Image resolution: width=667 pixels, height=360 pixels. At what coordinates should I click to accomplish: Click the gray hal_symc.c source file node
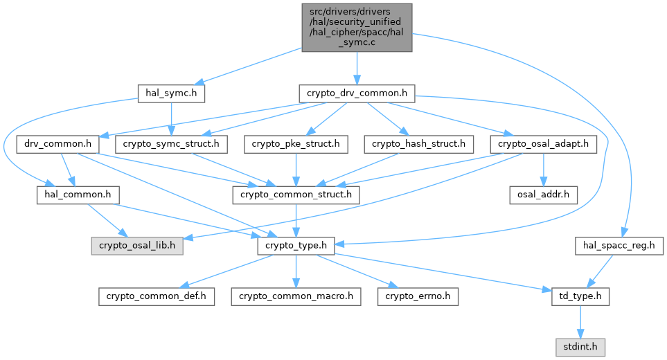coord(356,27)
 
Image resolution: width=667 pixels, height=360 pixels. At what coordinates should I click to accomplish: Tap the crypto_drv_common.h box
coord(356,92)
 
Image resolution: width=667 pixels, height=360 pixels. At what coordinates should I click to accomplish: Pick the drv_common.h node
coord(58,144)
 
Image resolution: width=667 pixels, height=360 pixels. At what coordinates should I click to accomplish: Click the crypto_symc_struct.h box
coord(171,144)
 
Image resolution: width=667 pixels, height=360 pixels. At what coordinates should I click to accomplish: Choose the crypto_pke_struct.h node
coord(296,144)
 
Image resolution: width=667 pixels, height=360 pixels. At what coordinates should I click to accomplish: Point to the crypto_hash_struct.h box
coord(418,144)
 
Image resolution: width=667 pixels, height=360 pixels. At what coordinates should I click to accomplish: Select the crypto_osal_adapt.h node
coord(544,144)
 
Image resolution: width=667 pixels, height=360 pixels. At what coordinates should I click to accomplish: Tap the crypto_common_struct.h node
coord(296,195)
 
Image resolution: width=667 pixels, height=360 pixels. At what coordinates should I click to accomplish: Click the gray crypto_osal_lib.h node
coord(137,245)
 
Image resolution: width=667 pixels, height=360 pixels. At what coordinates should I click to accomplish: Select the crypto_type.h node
coord(296,245)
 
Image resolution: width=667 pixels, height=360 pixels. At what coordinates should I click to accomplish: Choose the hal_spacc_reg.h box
coord(619,245)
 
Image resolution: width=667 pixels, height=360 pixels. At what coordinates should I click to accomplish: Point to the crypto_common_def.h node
coord(157,296)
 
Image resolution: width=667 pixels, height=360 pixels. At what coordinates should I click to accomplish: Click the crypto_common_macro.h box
coord(296,296)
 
